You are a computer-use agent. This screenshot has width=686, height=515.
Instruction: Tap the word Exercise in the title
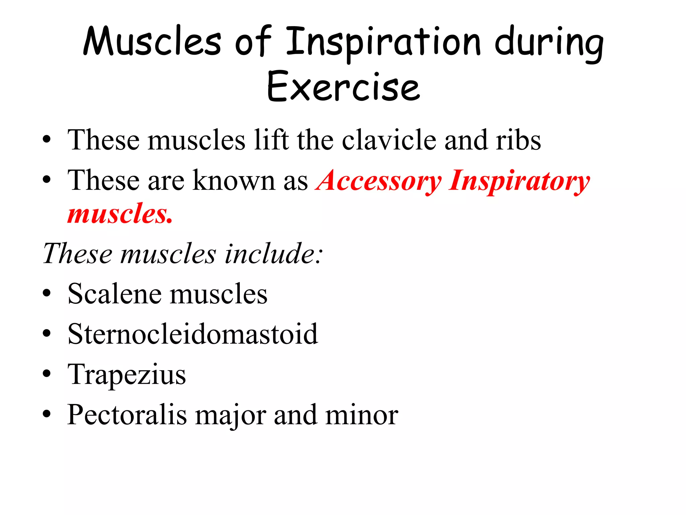tap(343, 87)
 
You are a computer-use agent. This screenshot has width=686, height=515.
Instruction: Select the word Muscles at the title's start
tap(152, 42)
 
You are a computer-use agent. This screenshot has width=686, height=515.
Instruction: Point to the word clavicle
tap(389, 140)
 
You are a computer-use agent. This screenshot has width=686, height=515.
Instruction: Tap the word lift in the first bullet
tap(271, 140)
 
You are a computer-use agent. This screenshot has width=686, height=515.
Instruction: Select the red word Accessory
tap(379, 181)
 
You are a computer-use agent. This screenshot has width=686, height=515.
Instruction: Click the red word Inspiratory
tap(519, 181)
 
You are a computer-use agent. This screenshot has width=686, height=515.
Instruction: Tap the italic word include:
tap(274, 254)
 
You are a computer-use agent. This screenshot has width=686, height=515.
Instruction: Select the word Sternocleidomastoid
tap(193, 334)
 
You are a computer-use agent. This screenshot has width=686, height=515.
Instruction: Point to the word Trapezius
tap(127, 375)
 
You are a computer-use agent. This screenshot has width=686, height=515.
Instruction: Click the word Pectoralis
tap(127, 415)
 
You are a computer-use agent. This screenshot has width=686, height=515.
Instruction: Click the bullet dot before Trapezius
tap(47, 374)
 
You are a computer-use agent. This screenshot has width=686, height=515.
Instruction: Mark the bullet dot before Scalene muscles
tap(47, 293)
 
